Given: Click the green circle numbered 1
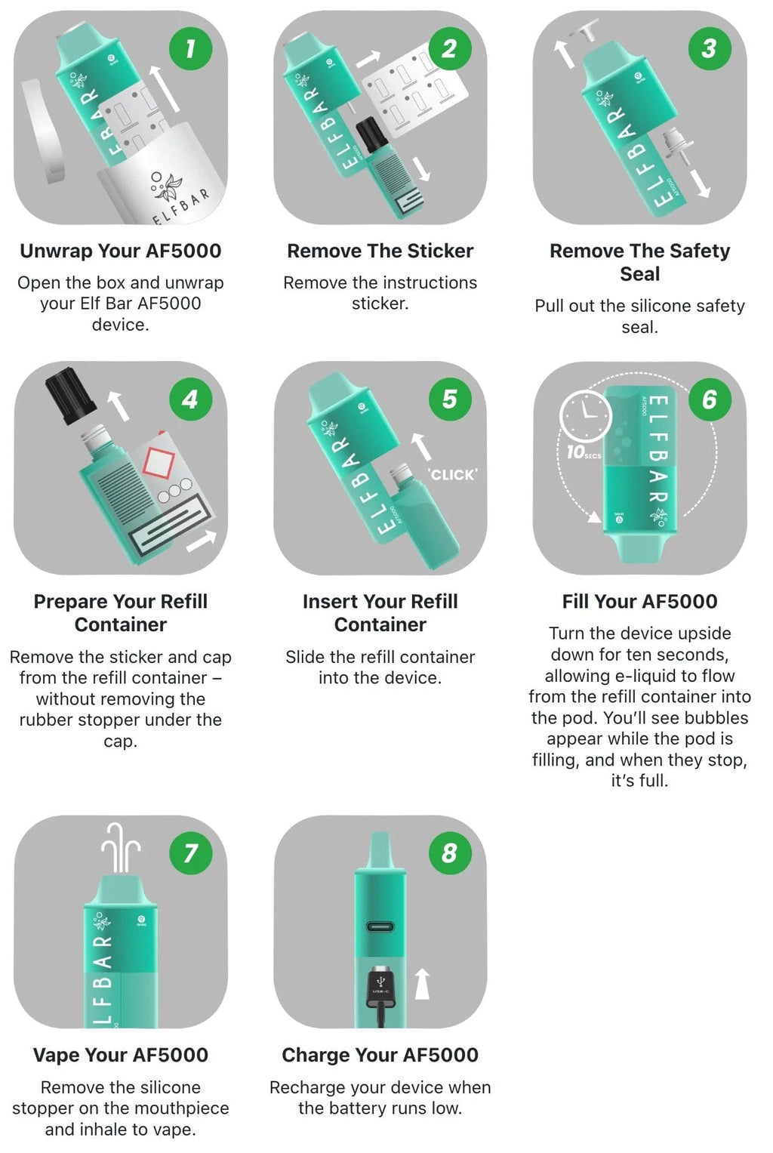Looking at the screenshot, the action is click(x=191, y=48).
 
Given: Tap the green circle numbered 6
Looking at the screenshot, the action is click(x=710, y=399).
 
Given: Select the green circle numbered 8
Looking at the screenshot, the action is click(x=450, y=852).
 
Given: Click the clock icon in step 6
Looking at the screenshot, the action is click(x=586, y=415).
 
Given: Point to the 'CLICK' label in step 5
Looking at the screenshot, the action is click(x=452, y=474).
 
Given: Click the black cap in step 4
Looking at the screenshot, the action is click(x=70, y=396).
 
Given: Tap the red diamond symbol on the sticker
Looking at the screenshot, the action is click(x=159, y=461).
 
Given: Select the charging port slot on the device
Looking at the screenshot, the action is click(x=380, y=927).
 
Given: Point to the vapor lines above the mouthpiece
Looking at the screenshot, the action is click(x=121, y=847).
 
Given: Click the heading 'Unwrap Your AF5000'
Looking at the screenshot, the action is click(x=121, y=251).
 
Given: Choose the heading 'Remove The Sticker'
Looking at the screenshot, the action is click(x=380, y=251).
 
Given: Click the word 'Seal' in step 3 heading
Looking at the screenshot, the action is click(x=639, y=274).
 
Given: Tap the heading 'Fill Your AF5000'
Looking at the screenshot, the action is click(x=639, y=601).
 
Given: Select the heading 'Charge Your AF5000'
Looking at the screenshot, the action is click(x=380, y=1055).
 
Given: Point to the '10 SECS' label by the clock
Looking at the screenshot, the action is click(x=584, y=452).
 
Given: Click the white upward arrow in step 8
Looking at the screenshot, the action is click(x=423, y=984).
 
